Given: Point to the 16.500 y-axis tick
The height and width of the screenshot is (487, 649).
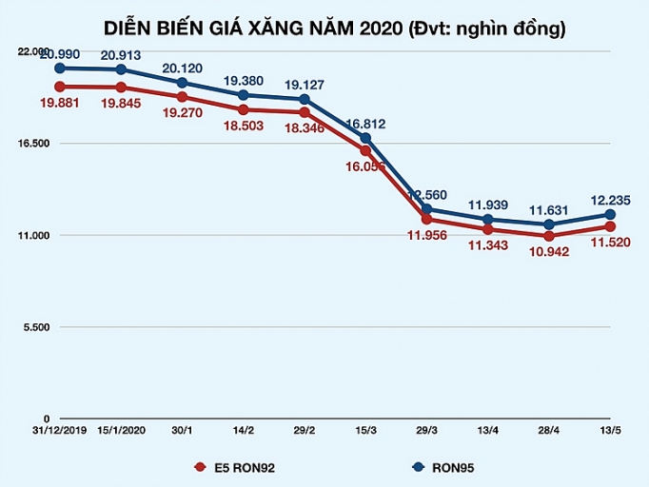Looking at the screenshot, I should pyautogui.click(x=33, y=144).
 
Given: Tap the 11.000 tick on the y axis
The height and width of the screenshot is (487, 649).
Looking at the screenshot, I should pyautogui.click(x=33, y=235).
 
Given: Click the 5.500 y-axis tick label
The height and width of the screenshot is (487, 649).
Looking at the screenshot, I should pyautogui.click(x=36, y=327).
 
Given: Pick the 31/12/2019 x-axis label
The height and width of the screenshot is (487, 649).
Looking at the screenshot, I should pyautogui.click(x=60, y=431).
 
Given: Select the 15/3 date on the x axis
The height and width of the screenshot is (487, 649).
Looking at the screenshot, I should pyautogui.click(x=365, y=431).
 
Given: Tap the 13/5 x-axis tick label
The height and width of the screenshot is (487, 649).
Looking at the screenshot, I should pyautogui.click(x=610, y=431).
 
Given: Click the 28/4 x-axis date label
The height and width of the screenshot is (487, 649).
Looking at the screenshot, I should pyautogui.click(x=549, y=431).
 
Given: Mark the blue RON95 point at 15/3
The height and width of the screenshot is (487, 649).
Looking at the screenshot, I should pyautogui.click(x=365, y=139).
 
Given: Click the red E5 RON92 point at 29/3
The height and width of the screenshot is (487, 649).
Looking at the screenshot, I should pyautogui.click(x=426, y=220).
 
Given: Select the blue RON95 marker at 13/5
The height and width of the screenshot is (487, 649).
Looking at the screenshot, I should pyautogui.click(x=610, y=215).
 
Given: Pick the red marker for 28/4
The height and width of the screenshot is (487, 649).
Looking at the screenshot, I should pyautogui.click(x=549, y=236).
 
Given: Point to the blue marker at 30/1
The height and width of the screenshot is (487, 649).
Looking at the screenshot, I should pyautogui.click(x=182, y=83).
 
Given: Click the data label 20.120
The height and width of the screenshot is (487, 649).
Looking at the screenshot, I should pyautogui.click(x=182, y=68).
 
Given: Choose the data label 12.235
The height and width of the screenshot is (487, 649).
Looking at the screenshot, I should pyautogui.click(x=611, y=200).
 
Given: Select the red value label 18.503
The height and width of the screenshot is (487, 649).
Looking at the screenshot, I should pyautogui.click(x=244, y=127).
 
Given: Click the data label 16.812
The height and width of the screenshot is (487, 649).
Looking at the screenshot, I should pyautogui.click(x=365, y=124).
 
